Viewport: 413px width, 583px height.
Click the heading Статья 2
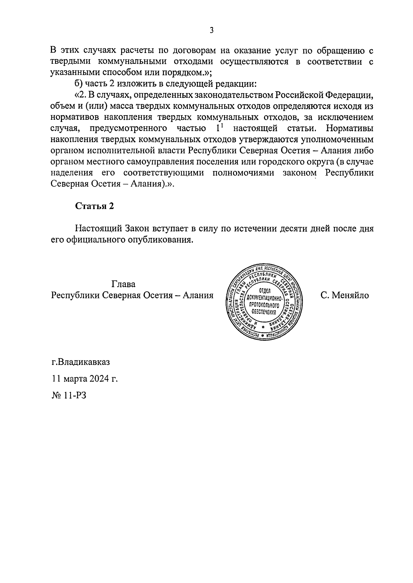click(x=95, y=206)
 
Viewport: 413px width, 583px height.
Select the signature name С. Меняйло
click(x=345, y=295)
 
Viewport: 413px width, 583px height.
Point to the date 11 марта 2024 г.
click(x=85, y=379)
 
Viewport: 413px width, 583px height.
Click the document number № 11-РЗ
click(x=69, y=395)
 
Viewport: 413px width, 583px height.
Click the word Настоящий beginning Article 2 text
click(x=96, y=229)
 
